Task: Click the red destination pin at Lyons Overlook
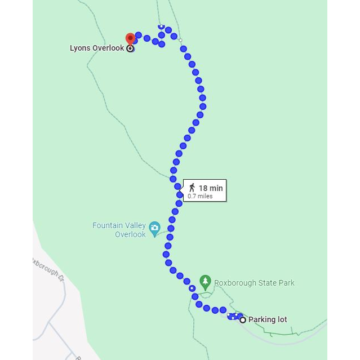pyautogui.click(x=130, y=39)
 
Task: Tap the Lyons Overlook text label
pyautogui.click(x=96, y=48)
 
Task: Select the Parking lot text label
pyautogui.click(x=268, y=320)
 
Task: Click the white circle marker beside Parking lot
pyautogui.click(x=243, y=320)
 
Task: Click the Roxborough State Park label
pyautogui.click(x=255, y=283)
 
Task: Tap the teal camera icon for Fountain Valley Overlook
pyautogui.click(x=154, y=230)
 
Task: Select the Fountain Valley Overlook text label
pyautogui.click(x=119, y=230)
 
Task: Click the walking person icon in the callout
pyautogui.click(x=192, y=188)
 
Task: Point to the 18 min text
pyautogui.click(x=211, y=188)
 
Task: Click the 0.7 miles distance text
pyautogui.click(x=200, y=196)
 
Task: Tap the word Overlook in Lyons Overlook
pyautogui.click(x=108, y=48)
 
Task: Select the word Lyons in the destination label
pyautogui.click(x=79, y=48)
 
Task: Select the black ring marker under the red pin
pyautogui.click(x=130, y=49)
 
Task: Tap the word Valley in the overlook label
pyautogui.click(x=134, y=226)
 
